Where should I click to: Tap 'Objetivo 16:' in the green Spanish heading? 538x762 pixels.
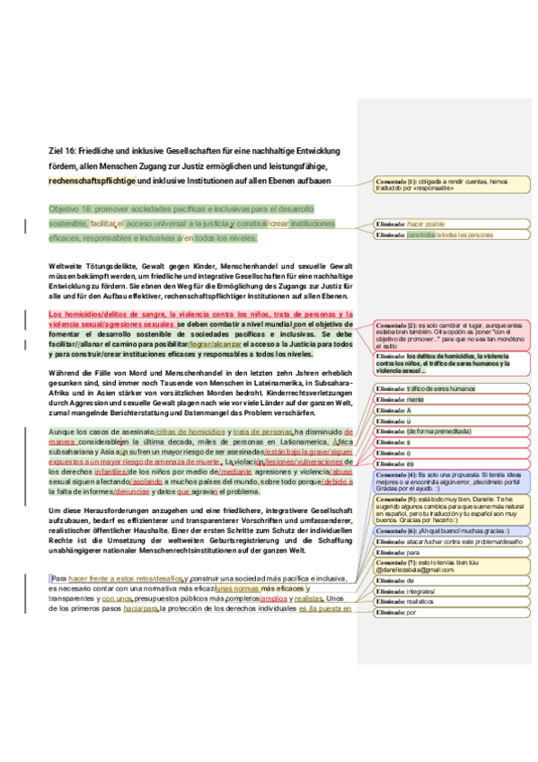click(76, 207)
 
